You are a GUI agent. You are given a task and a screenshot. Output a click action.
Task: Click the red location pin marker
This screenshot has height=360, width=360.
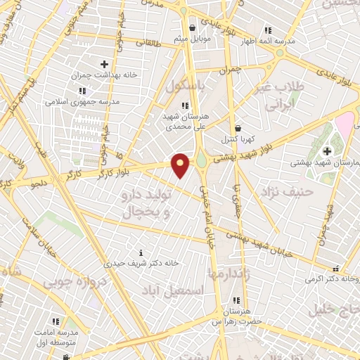coord(181,165)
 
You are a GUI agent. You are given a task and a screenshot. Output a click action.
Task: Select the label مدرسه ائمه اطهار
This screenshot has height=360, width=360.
coord(269,40)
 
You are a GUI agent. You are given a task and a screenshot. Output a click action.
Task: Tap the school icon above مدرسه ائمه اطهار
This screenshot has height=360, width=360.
coord(267,30)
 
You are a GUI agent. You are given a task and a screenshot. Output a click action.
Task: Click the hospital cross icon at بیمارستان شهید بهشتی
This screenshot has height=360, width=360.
coord(328,151)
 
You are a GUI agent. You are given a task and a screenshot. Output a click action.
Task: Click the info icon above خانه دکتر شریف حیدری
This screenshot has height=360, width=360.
coord(141,252)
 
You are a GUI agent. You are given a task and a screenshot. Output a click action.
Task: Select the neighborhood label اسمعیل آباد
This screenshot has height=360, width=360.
coord(172,290)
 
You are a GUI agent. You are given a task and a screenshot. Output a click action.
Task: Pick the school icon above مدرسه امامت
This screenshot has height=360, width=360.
coord(56,321)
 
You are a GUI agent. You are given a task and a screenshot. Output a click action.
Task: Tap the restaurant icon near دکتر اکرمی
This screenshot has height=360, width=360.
coord(336,269)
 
